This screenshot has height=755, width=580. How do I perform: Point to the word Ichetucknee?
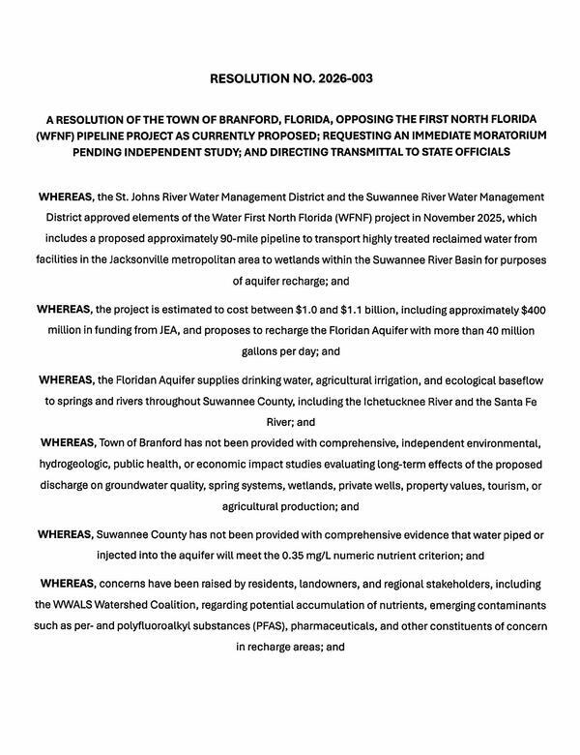point(413,401)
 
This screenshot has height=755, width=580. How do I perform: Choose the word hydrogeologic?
point(77,464)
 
